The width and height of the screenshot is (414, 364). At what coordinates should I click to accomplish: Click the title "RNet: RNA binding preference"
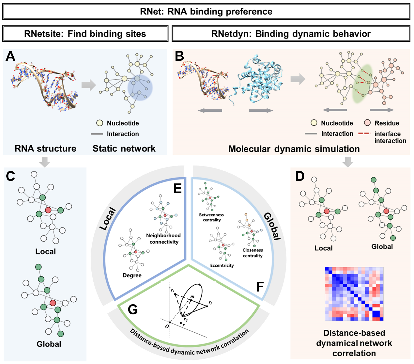(x=206, y=12)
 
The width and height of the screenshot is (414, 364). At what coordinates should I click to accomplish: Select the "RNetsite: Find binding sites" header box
(x=85, y=34)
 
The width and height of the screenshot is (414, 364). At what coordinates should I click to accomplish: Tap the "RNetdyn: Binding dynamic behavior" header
(x=291, y=34)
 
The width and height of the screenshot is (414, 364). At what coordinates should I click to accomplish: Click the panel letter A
(x=10, y=56)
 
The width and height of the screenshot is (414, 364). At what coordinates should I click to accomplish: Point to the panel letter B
(x=179, y=56)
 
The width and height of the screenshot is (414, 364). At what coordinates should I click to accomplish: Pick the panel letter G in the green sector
(x=133, y=309)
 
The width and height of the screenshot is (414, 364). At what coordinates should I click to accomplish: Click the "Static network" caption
(x=124, y=149)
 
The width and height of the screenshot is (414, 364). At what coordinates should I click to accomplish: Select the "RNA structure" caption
(x=45, y=149)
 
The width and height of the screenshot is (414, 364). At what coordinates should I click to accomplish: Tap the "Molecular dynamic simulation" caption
(x=294, y=149)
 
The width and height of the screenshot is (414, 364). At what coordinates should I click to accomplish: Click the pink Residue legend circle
(x=367, y=123)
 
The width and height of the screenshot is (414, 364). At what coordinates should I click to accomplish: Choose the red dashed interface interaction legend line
(x=364, y=134)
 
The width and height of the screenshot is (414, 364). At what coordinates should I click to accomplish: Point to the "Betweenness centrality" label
(x=211, y=217)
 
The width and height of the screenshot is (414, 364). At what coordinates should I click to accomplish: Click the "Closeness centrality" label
(x=253, y=253)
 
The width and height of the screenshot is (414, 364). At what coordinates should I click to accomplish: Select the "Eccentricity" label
(x=222, y=265)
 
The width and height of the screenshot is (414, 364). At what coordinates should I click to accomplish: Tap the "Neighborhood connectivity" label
(x=163, y=239)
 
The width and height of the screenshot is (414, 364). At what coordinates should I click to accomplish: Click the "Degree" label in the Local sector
(x=132, y=275)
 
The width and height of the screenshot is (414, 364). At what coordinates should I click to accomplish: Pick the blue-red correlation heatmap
(x=354, y=294)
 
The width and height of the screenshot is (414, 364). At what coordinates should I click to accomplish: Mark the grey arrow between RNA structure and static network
(x=88, y=85)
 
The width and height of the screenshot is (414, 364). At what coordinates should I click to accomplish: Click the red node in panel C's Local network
(x=48, y=210)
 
